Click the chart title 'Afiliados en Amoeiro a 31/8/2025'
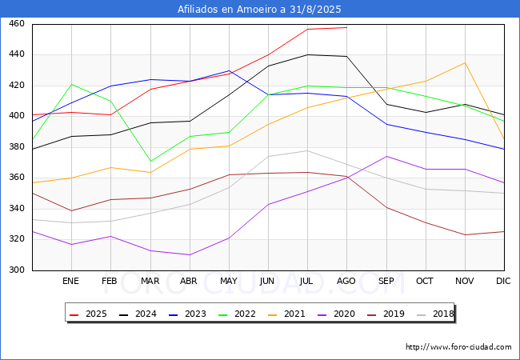pos(259,10)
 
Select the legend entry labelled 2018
pos(440,314)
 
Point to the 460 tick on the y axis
pos(17,24)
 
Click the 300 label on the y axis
pos(17,270)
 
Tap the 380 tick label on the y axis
pos(17,147)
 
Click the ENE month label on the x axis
pos(71,282)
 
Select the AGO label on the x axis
pos(346,282)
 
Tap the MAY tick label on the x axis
pos(229,282)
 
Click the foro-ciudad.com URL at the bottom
pos(458,347)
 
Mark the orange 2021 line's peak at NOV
pos(465,62)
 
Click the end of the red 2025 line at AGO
pos(346,27)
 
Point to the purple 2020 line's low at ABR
pos(190,254)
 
